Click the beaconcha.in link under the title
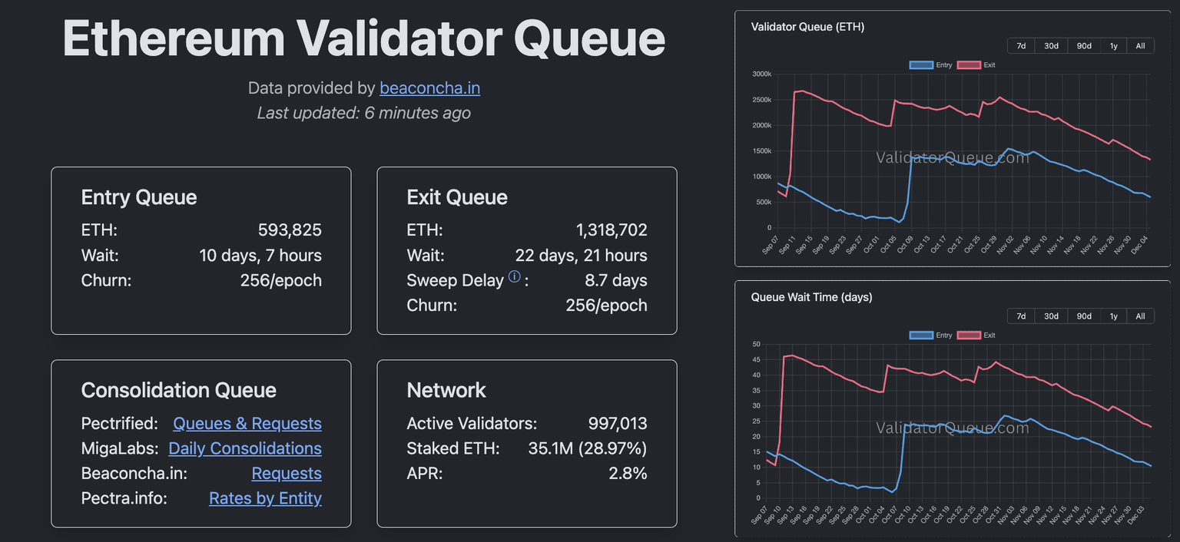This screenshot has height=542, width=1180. [x=429, y=88]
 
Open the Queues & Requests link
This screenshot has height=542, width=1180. [x=247, y=424]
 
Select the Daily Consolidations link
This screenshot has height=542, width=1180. [x=244, y=448]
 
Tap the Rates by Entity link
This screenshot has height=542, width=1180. [x=265, y=498]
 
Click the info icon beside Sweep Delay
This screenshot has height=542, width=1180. [x=515, y=277]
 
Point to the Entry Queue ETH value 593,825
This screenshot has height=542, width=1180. [x=290, y=230]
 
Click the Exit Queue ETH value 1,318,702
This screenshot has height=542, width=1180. [x=612, y=230]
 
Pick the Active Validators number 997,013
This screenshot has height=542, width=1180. [x=618, y=424]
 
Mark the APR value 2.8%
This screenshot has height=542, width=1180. [x=628, y=474]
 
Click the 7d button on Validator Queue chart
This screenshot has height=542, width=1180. [x=1021, y=46]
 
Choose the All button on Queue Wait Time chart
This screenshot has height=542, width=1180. [x=1140, y=316]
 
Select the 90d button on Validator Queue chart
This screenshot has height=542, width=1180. [x=1084, y=46]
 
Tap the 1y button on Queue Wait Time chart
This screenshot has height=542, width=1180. [x=1113, y=316]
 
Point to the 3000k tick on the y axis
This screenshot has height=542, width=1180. [x=761, y=74]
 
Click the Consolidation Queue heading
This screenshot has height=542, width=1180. [x=178, y=390]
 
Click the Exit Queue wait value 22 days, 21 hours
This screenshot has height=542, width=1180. [x=581, y=256]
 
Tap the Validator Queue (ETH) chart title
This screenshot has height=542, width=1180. [x=807, y=27]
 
